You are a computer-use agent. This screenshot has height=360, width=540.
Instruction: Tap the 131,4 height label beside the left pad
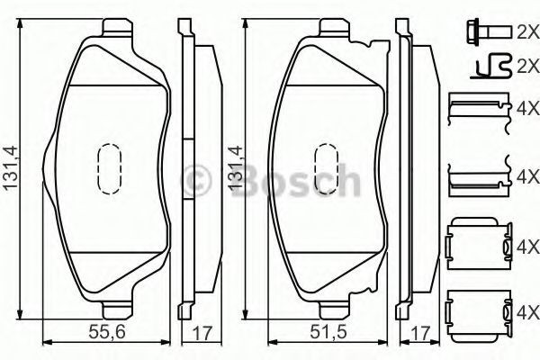(10, 167)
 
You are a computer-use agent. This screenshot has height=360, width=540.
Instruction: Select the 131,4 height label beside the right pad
(236, 167)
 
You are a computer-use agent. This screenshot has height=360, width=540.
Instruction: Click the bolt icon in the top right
(489, 32)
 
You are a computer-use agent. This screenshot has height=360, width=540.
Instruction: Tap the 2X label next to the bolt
(527, 32)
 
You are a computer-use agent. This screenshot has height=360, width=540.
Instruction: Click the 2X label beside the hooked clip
(527, 67)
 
